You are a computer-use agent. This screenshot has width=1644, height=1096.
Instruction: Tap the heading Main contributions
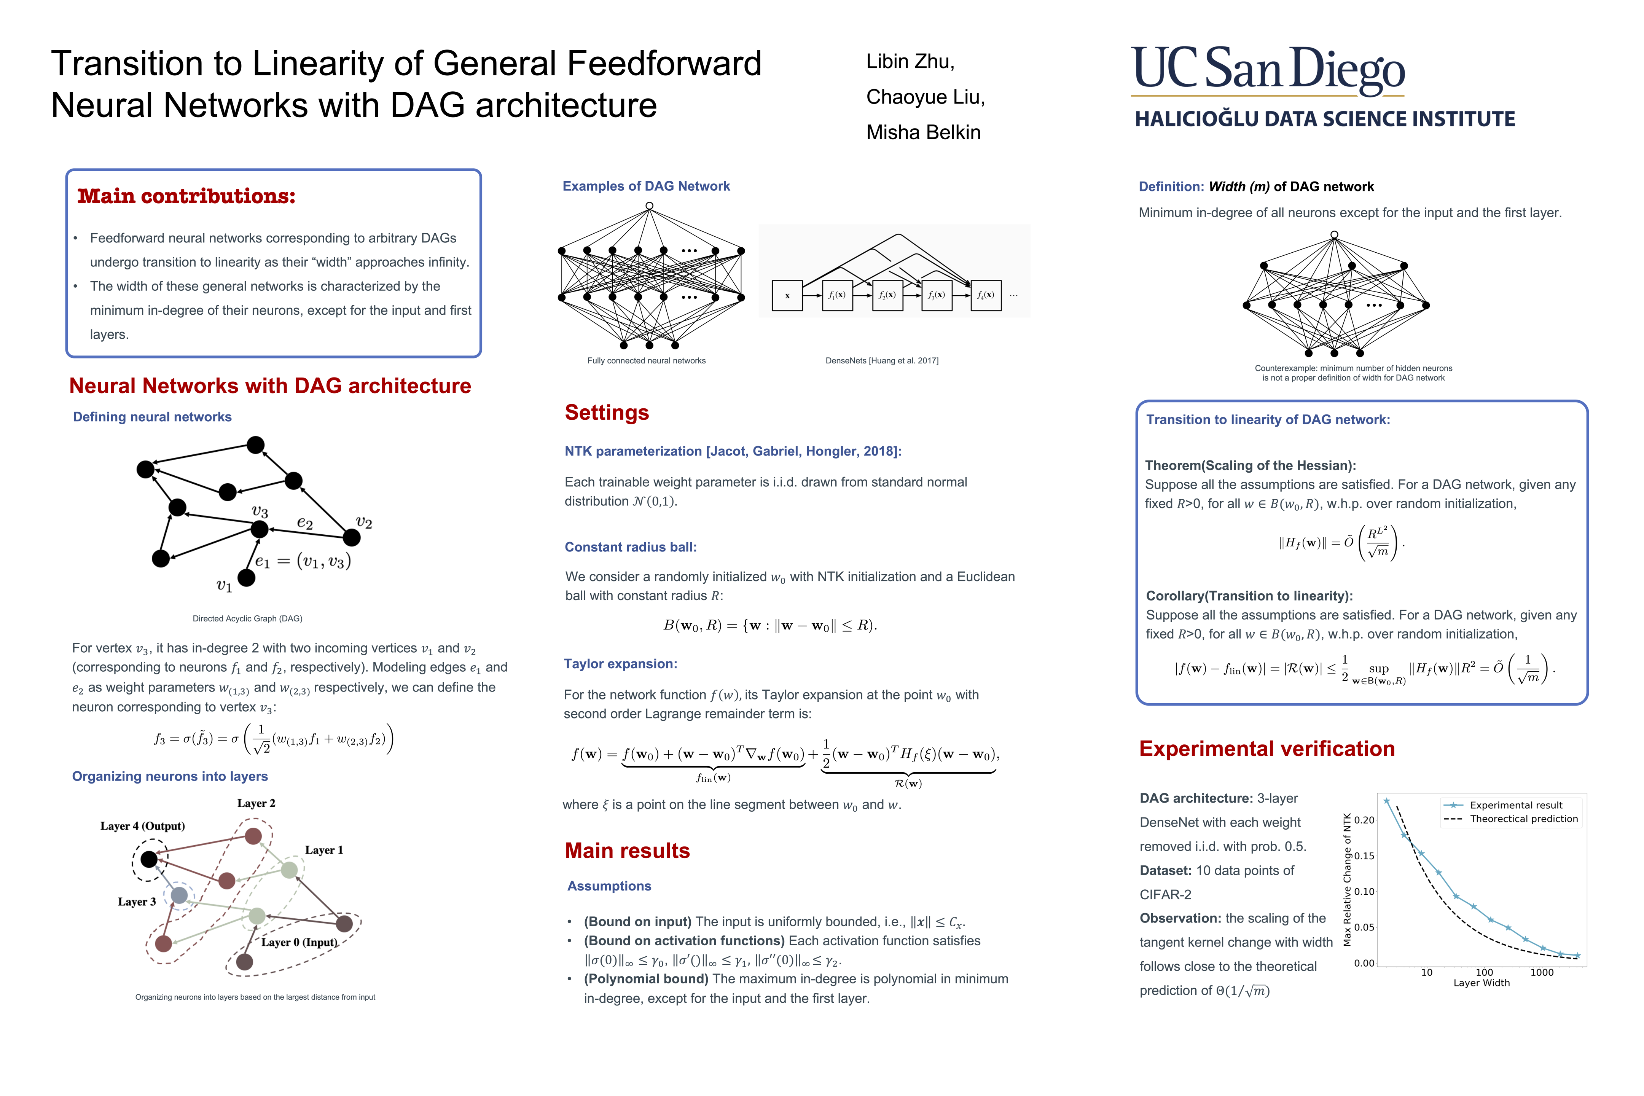(186, 196)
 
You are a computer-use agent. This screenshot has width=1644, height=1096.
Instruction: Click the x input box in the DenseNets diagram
(787, 295)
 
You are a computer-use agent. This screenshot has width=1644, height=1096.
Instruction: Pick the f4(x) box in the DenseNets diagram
(986, 295)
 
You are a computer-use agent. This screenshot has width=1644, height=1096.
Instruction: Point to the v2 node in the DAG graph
(352, 537)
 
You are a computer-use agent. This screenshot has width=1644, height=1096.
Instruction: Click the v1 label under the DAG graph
(224, 586)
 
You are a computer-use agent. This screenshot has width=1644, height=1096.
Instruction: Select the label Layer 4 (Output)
(143, 826)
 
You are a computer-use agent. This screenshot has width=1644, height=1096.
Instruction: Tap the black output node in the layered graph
(149, 859)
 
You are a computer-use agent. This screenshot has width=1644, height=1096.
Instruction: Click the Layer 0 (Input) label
(299, 942)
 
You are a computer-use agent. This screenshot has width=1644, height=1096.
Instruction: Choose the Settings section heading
(607, 413)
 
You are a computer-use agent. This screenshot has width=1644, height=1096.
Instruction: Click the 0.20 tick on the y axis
(1364, 820)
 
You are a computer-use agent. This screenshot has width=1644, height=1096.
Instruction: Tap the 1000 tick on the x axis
(1541, 972)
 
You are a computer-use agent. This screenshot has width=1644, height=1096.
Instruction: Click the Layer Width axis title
(1481, 983)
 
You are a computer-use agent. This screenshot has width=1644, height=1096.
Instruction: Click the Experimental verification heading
(1266, 749)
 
